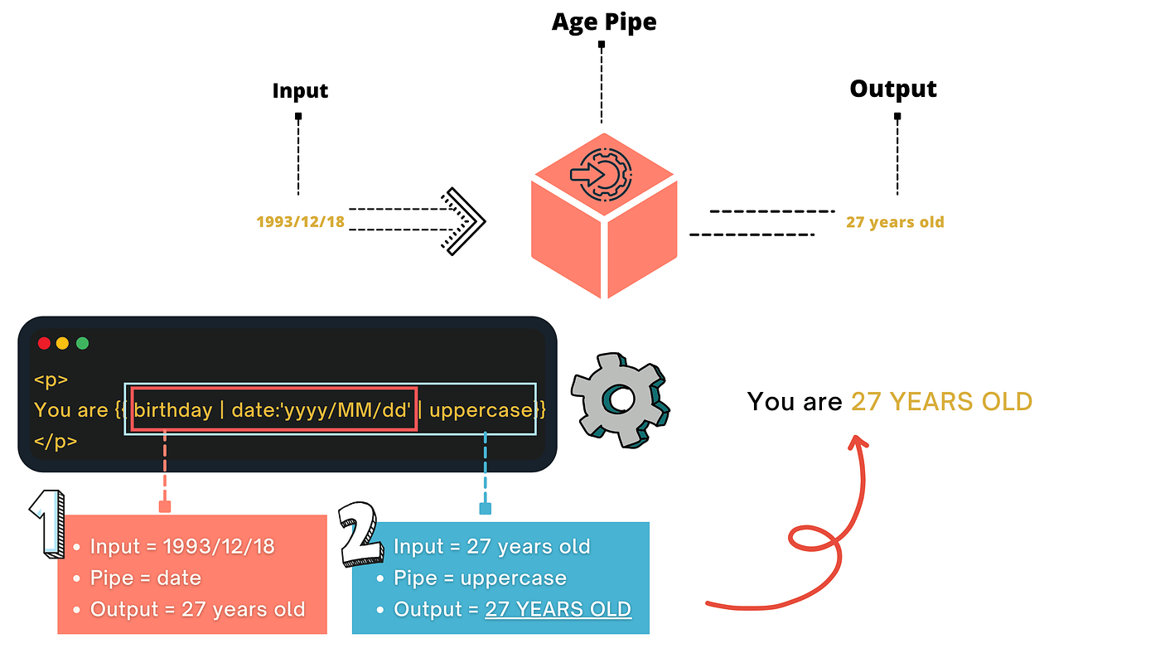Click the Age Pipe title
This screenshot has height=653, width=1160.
coord(604,22)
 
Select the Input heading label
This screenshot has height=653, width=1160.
coord(300,90)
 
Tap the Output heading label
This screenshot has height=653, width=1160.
coord(893,89)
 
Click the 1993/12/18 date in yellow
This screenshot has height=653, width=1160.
coord(300,222)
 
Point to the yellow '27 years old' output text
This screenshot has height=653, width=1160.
coord(895,222)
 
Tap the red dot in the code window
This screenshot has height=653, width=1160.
coord(44,343)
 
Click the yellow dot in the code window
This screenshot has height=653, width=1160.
coord(63,343)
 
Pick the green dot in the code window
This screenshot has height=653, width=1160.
coord(82,343)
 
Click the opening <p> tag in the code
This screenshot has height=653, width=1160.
coord(51,380)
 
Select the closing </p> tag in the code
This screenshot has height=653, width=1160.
coord(55,441)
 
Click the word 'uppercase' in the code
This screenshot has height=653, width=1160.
coord(481,409)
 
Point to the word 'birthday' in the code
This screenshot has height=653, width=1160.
coord(173,409)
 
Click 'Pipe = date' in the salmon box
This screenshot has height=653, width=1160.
coord(145,578)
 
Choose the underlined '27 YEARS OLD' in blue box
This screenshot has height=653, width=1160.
coord(558,609)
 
